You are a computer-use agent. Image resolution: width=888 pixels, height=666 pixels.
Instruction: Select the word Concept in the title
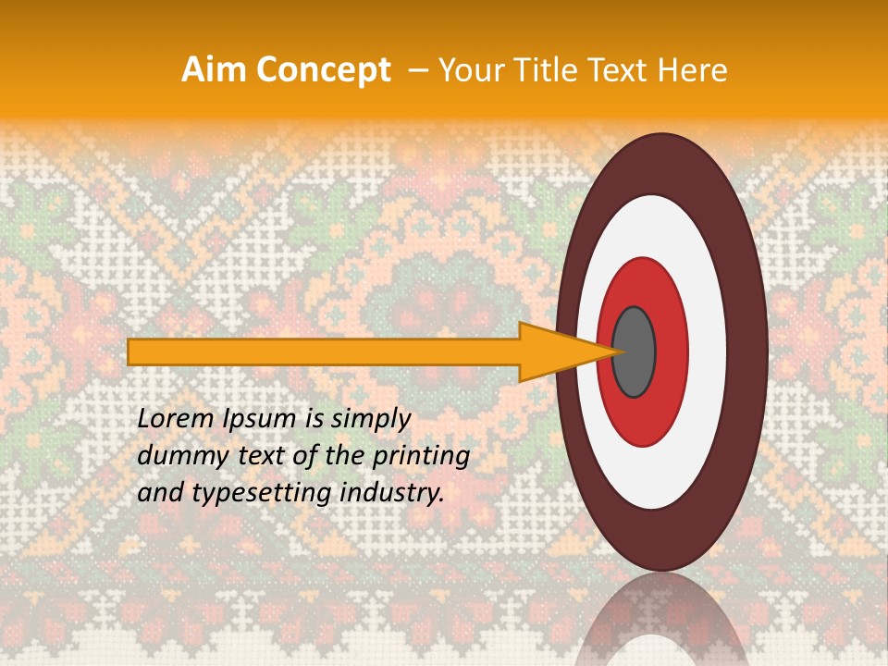pos(323,70)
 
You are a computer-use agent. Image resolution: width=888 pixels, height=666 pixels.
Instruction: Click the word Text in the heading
pos(619,70)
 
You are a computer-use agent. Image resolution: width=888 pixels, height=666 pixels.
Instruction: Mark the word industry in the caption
pos(393,493)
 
